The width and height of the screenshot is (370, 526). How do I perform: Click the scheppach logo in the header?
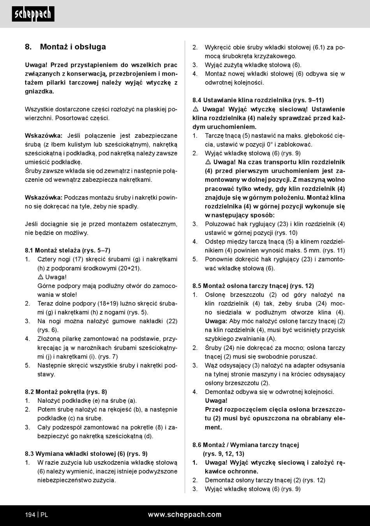pos(33,14)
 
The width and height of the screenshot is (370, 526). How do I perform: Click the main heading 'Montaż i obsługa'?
pos(73,47)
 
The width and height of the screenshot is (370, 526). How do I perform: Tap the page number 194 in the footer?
pos(30,515)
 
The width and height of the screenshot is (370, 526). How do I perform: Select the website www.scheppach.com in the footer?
pos(185,515)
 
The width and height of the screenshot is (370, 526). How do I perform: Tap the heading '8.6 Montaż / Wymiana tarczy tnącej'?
pos(246,445)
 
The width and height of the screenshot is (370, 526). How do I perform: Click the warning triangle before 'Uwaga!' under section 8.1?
pos(41,277)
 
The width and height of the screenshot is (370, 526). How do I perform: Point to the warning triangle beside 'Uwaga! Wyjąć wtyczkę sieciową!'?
pos(196,109)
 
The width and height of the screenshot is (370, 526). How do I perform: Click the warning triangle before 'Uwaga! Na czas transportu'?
pos(208,162)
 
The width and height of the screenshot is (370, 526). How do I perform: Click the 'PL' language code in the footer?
pos(44,515)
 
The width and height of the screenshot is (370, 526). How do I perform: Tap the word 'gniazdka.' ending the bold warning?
pos(39,91)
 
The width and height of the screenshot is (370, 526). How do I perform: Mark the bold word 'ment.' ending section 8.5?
pos(213,427)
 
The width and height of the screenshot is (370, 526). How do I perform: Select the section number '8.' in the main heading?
pos(28,47)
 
